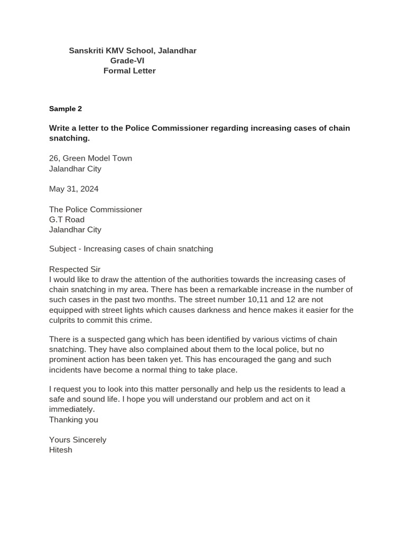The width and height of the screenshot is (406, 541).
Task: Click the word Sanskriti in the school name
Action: (86, 51)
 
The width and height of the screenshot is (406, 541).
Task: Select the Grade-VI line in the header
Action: (127, 61)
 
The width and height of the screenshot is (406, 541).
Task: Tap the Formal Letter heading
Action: (130, 71)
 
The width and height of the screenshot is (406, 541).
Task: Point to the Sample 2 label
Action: (66, 109)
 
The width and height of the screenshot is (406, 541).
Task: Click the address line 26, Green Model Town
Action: (90, 158)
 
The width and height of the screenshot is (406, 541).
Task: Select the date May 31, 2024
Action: (73, 189)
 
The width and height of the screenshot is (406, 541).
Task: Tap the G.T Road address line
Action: (67, 220)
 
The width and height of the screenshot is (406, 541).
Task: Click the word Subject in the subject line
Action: (63, 249)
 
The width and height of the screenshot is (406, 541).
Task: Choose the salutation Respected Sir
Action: (75, 269)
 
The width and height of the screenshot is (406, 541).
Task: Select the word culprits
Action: (64, 320)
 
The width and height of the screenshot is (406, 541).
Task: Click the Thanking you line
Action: (73, 420)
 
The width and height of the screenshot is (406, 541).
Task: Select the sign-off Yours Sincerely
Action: (78, 440)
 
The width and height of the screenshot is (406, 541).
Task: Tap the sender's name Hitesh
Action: (61, 450)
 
